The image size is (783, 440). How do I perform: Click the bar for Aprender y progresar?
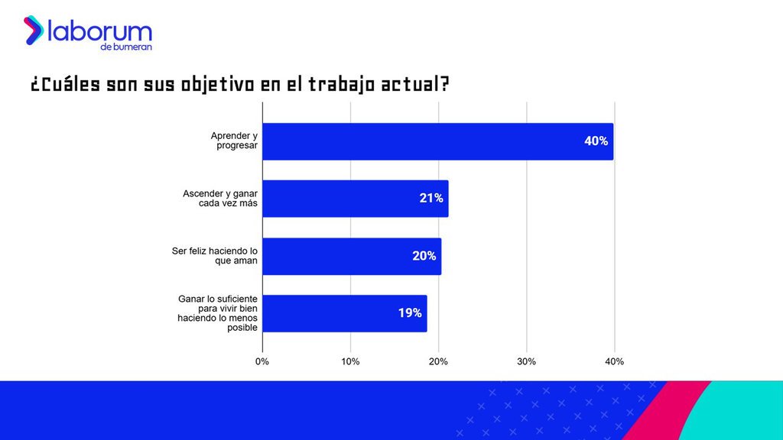click(437, 141)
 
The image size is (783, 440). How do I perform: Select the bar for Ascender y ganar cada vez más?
click(355, 199)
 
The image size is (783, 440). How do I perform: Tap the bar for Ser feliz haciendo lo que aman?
click(351, 256)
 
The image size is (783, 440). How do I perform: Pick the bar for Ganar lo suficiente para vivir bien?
click(344, 313)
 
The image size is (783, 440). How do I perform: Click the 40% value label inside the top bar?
click(596, 141)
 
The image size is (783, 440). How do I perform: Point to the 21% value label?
click(431, 199)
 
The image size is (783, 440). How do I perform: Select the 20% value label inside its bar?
click(424, 256)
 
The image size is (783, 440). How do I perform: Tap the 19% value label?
click(410, 313)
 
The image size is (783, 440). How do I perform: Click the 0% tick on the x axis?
click(262, 361)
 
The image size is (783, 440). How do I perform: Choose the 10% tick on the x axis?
click(350, 361)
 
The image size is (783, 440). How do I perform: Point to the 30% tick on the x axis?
click(527, 361)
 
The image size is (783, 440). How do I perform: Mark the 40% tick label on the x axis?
click(615, 361)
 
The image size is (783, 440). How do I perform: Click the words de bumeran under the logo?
click(125, 47)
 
